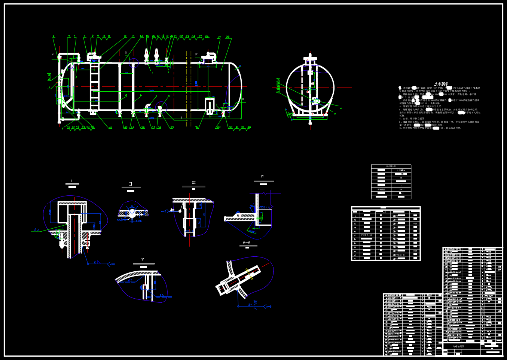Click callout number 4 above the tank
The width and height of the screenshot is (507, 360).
click(54, 37)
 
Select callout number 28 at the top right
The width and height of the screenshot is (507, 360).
click(227, 37)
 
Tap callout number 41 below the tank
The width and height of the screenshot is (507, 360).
click(110, 128)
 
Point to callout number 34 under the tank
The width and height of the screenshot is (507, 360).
click(197, 127)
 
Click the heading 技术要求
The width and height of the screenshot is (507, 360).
click(441, 84)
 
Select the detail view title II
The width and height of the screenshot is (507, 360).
click(131, 184)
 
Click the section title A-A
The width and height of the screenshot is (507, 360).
click(247, 243)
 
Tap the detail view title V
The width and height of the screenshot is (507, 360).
click(143, 260)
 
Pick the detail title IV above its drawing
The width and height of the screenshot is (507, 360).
click(262, 176)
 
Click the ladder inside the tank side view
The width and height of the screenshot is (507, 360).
click(95, 88)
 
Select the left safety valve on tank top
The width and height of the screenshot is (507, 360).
click(146, 56)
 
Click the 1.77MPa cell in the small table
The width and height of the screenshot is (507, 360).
click(401, 170)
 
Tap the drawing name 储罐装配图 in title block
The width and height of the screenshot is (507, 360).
click(458, 347)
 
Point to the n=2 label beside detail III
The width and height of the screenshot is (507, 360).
click(164, 211)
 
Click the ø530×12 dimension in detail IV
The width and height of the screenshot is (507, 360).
click(264, 207)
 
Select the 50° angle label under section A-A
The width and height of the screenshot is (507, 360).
click(255, 302)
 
